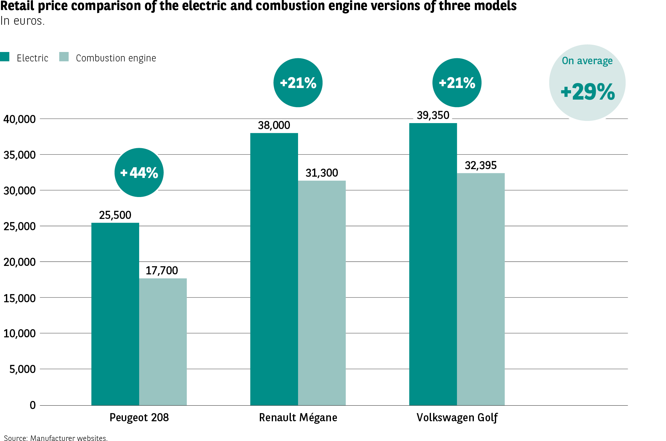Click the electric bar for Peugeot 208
coord(115,313)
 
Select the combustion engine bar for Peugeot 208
coord(163,341)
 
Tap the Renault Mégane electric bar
coord(274,269)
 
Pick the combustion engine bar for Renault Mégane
coord(322,293)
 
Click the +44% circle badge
coord(139,173)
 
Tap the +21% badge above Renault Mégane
coord(298,83)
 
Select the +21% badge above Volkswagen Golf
coord(457,83)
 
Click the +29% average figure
coord(588,92)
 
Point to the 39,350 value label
coord(433,115)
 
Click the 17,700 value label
coord(162,271)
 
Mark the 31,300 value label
coord(322,173)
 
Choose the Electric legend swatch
coord(5,57)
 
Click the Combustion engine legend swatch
coord(64,57)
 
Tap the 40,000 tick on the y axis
coord(19,119)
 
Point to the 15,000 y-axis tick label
coord(19,298)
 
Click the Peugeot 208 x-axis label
coord(139,418)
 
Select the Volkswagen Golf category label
coord(457,418)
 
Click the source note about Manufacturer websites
coord(56,438)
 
